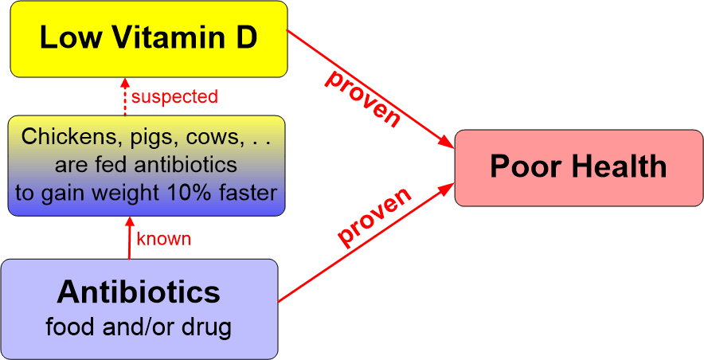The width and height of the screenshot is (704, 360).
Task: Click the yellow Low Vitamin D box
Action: [x=148, y=38]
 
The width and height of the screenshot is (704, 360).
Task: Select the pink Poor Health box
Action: [x=578, y=167]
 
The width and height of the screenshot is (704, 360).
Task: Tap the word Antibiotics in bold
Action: [x=139, y=292]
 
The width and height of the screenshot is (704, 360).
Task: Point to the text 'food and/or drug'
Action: [x=139, y=327]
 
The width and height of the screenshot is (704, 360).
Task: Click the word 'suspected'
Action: [x=174, y=97]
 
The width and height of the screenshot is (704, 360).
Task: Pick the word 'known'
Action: [x=164, y=238]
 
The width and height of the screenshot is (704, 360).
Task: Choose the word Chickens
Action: [x=63, y=137]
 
